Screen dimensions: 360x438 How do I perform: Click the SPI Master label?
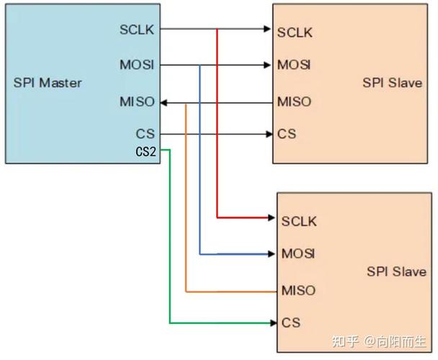[48, 83]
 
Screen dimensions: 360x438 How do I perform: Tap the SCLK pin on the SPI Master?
[138, 30]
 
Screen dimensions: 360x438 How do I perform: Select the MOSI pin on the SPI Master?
[137, 66]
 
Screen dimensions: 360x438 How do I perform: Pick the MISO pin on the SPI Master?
[137, 102]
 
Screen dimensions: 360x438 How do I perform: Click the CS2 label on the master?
[146, 152]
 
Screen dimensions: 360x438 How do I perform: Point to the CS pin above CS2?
[145, 134]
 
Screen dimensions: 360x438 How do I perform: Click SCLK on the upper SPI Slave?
[294, 31]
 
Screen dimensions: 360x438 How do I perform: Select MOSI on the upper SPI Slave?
[294, 66]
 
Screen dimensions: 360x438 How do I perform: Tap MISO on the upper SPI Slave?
[294, 102]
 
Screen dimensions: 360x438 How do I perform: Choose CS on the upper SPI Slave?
[286, 134]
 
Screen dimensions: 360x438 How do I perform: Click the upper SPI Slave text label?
[393, 83]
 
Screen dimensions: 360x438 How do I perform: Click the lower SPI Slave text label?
[396, 271]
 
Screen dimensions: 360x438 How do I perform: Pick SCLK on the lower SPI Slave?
[299, 221]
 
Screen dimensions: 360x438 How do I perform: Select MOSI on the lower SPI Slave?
[298, 254]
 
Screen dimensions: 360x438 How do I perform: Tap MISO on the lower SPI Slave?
[298, 291]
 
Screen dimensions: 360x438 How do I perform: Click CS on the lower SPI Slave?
[291, 323]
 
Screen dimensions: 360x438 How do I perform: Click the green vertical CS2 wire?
[170, 238]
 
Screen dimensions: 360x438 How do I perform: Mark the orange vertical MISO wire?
[186, 202]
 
